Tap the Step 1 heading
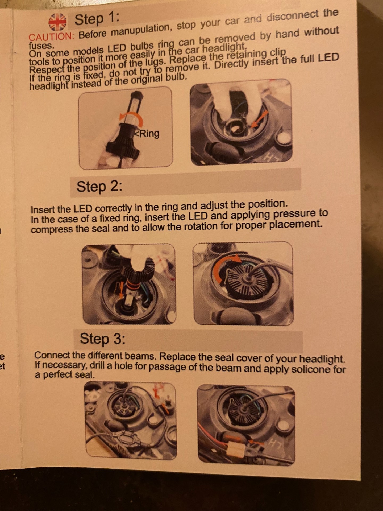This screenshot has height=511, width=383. (97, 19)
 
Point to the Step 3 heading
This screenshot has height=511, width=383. (102, 339)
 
